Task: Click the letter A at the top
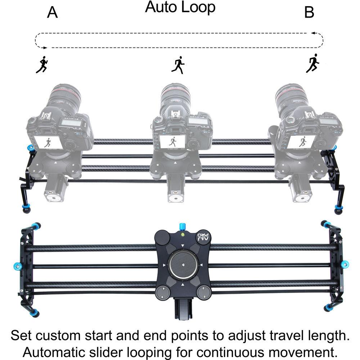52,13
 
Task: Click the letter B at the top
309,13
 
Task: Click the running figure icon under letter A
42,65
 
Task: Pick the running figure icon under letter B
313,63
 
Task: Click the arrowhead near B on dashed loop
314,33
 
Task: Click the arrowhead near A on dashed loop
45,48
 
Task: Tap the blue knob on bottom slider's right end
345,265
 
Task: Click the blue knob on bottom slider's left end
18,266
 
